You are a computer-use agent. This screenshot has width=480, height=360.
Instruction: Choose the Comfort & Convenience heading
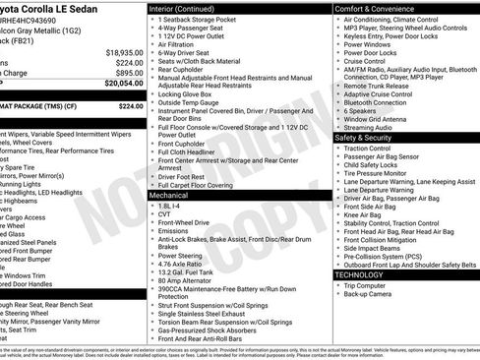tap(375, 7)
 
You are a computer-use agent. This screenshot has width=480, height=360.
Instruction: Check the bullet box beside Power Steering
tap(152, 254)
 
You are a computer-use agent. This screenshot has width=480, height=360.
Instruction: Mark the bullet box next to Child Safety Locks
tap(339, 166)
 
